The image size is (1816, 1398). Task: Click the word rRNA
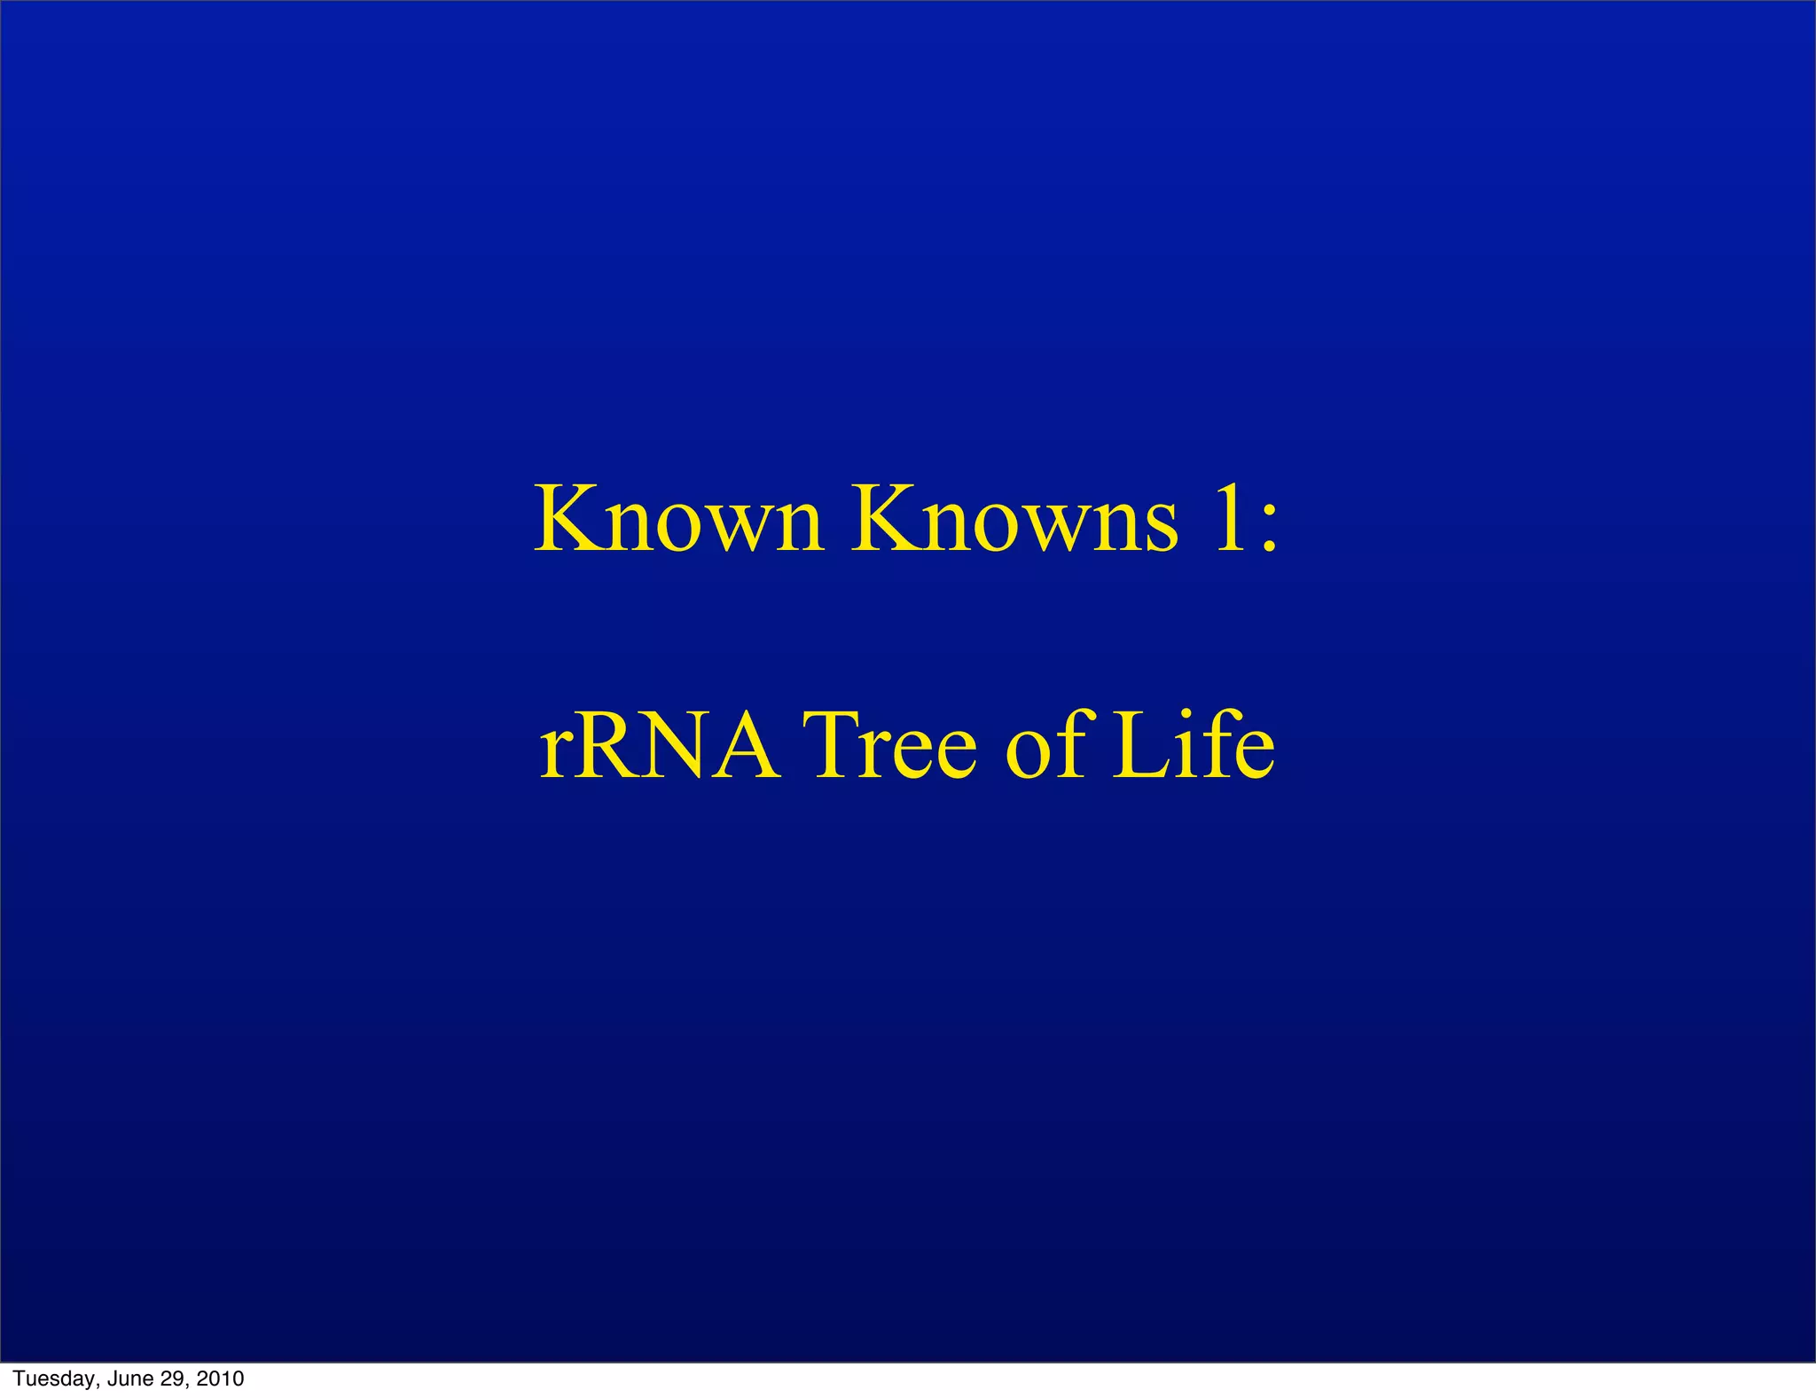click(x=660, y=746)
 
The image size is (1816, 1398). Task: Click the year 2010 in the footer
click(x=220, y=1378)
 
